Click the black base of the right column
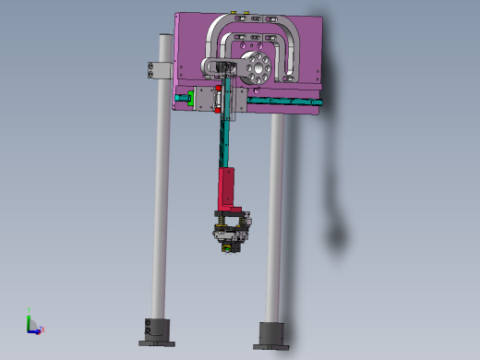tap(270, 333)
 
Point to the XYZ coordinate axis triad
tap(32, 322)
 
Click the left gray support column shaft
tap(161, 203)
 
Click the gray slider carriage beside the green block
tap(205, 99)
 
